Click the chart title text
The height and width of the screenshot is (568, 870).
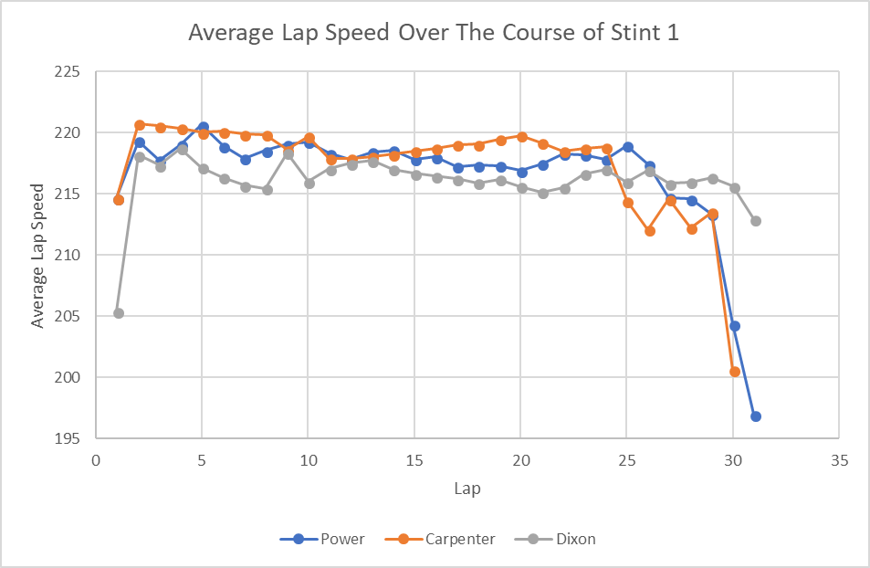click(434, 34)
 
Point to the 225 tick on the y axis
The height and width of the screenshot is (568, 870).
click(68, 72)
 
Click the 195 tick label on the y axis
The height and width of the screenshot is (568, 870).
click(68, 438)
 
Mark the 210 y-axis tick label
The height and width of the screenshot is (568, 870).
click(68, 255)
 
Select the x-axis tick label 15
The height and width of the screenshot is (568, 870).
click(414, 460)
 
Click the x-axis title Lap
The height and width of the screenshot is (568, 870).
click(467, 489)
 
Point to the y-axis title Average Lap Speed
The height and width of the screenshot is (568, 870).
click(37, 256)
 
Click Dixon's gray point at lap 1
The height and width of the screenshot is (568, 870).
click(119, 313)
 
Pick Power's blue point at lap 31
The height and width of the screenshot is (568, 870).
click(756, 416)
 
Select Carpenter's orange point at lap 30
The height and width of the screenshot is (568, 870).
click(735, 372)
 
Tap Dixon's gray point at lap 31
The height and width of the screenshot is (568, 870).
click(756, 221)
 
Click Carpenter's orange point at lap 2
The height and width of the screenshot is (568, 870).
click(140, 125)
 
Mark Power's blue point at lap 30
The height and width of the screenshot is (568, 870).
click(735, 326)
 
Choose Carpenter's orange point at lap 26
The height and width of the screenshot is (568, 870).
click(650, 231)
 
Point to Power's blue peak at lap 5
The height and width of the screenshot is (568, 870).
click(204, 127)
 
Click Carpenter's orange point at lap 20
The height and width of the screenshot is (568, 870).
click(522, 137)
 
